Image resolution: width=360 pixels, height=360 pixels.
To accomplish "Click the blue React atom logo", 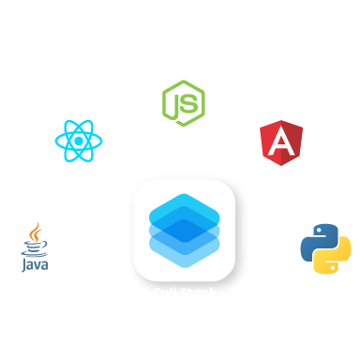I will (x=79, y=141).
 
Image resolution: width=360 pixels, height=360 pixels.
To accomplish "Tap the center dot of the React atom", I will (x=79, y=141).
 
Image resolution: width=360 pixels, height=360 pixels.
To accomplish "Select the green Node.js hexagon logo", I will (x=183, y=103).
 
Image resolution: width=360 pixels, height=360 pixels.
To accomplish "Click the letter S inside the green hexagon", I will (x=189, y=103).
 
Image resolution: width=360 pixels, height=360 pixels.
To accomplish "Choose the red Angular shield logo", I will (x=280, y=140).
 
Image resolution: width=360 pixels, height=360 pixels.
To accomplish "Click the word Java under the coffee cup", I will (x=35, y=263).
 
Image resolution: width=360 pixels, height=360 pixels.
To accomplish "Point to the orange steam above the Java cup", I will (x=36, y=232).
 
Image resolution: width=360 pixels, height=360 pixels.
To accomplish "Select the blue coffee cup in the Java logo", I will (x=35, y=248).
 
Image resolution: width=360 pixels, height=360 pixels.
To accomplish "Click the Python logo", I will (x=325, y=247).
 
